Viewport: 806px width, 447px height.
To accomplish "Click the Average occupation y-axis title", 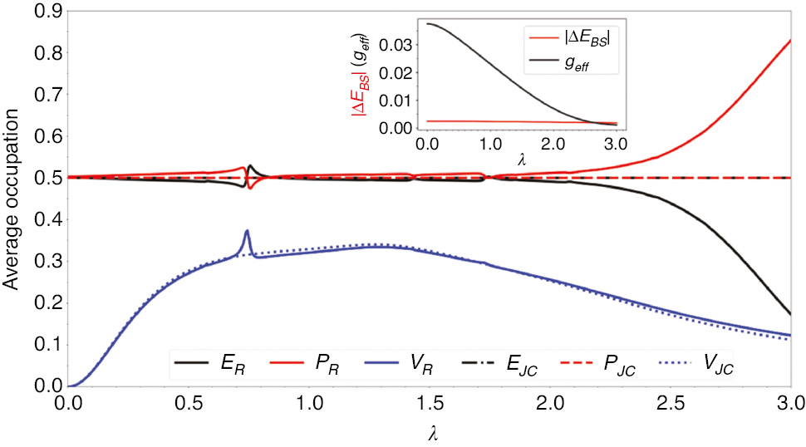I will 12,199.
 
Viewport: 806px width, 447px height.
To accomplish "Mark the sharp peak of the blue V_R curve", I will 247,231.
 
